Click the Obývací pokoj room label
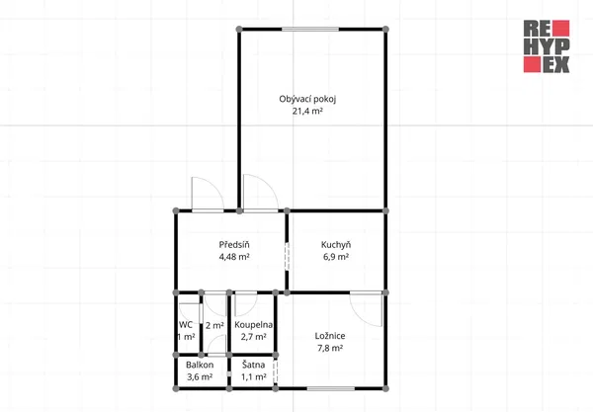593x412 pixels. pos(307,99)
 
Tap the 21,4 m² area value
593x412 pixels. pos(307,111)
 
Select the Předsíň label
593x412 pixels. pos(234,245)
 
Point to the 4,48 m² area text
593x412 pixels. pos(234,257)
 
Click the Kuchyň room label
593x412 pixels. pos(336,245)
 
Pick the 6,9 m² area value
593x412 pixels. pos(336,257)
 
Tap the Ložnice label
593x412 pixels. pos(330,336)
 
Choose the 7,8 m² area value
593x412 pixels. pos(330,348)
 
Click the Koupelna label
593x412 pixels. pos(253,325)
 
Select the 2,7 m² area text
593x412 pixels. pos(253,337)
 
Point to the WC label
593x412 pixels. pos(186,325)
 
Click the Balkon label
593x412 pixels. pos(200,366)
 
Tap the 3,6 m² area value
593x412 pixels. pos(200,377)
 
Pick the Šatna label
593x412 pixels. pos(253,366)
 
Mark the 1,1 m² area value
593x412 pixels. pos(253,377)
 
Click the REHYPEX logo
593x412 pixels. pos(547,46)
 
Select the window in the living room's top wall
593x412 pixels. pos(310,29)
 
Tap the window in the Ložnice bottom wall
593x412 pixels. pos(331,388)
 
